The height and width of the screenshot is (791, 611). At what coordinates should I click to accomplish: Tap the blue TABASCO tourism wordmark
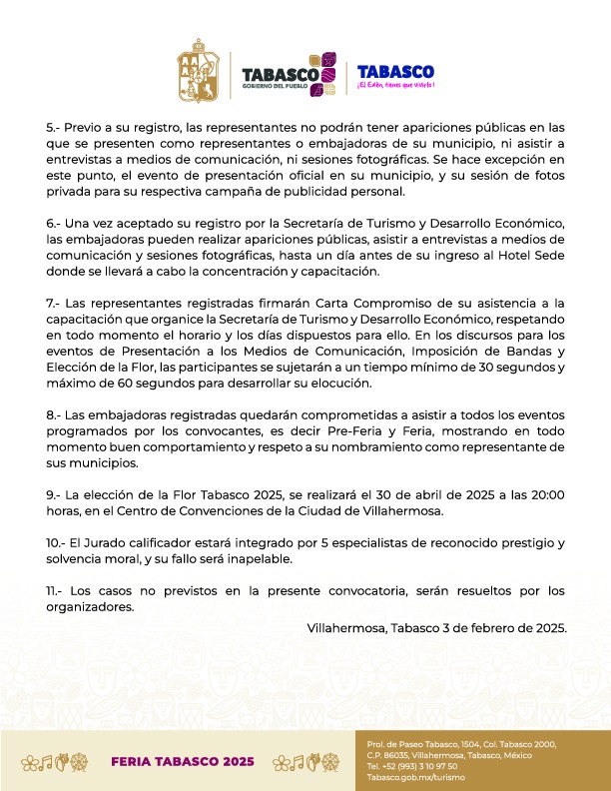(x=394, y=72)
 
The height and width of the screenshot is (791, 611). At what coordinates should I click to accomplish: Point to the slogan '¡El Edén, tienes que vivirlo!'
(x=395, y=88)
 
